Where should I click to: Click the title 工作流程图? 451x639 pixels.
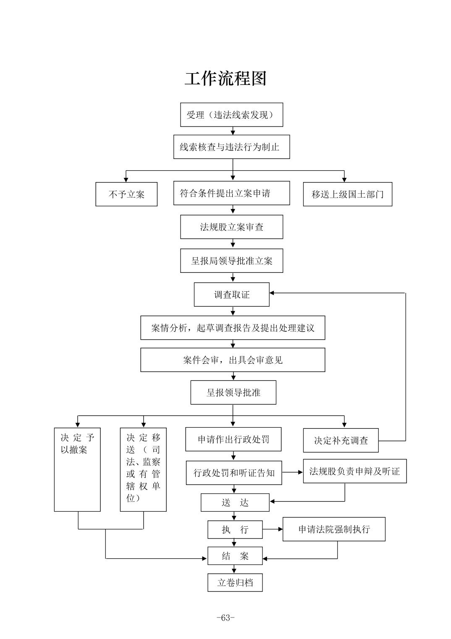pyautogui.click(x=225, y=79)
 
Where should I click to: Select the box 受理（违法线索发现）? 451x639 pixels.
pyautogui.click(x=231, y=115)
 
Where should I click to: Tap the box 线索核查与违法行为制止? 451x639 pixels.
pyautogui.click(x=231, y=147)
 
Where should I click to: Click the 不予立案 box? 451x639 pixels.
pyautogui.click(x=126, y=194)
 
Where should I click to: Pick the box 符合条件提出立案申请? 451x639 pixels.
pyautogui.click(x=231, y=193)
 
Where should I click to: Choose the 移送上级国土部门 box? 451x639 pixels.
pyautogui.click(x=347, y=194)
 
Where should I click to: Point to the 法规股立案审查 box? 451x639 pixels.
pyautogui.click(x=231, y=227)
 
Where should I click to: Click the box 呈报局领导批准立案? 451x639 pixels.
pyautogui.click(x=231, y=261)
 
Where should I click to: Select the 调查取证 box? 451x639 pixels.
pyautogui.click(x=231, y=294)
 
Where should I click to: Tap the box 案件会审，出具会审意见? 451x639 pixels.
pyautogui.click(x=233, y=360)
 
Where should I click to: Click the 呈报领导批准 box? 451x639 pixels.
pyautogui.click(x=233, y=392)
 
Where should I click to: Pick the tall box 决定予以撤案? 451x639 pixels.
pyautogui.click(x=77, y=469)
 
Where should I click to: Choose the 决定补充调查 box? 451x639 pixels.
pyautogui.click(x=341, y=440)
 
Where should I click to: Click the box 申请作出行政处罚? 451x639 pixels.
pyautogui.click(x=233, y=439)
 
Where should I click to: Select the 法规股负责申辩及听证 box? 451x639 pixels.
pyautogui.click(x=354, y=471)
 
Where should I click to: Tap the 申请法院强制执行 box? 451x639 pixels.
pyautogui.click(x=334, y=529)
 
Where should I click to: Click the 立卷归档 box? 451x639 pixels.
pyautogui.click(x=235, y=583)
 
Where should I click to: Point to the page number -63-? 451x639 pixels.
pyautogui.click(x=225, y=618)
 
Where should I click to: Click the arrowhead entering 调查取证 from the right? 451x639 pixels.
pyautogui.click(x=272, y=293)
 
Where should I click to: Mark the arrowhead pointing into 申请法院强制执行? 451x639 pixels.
pyautogui.click(x=280, y=529)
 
